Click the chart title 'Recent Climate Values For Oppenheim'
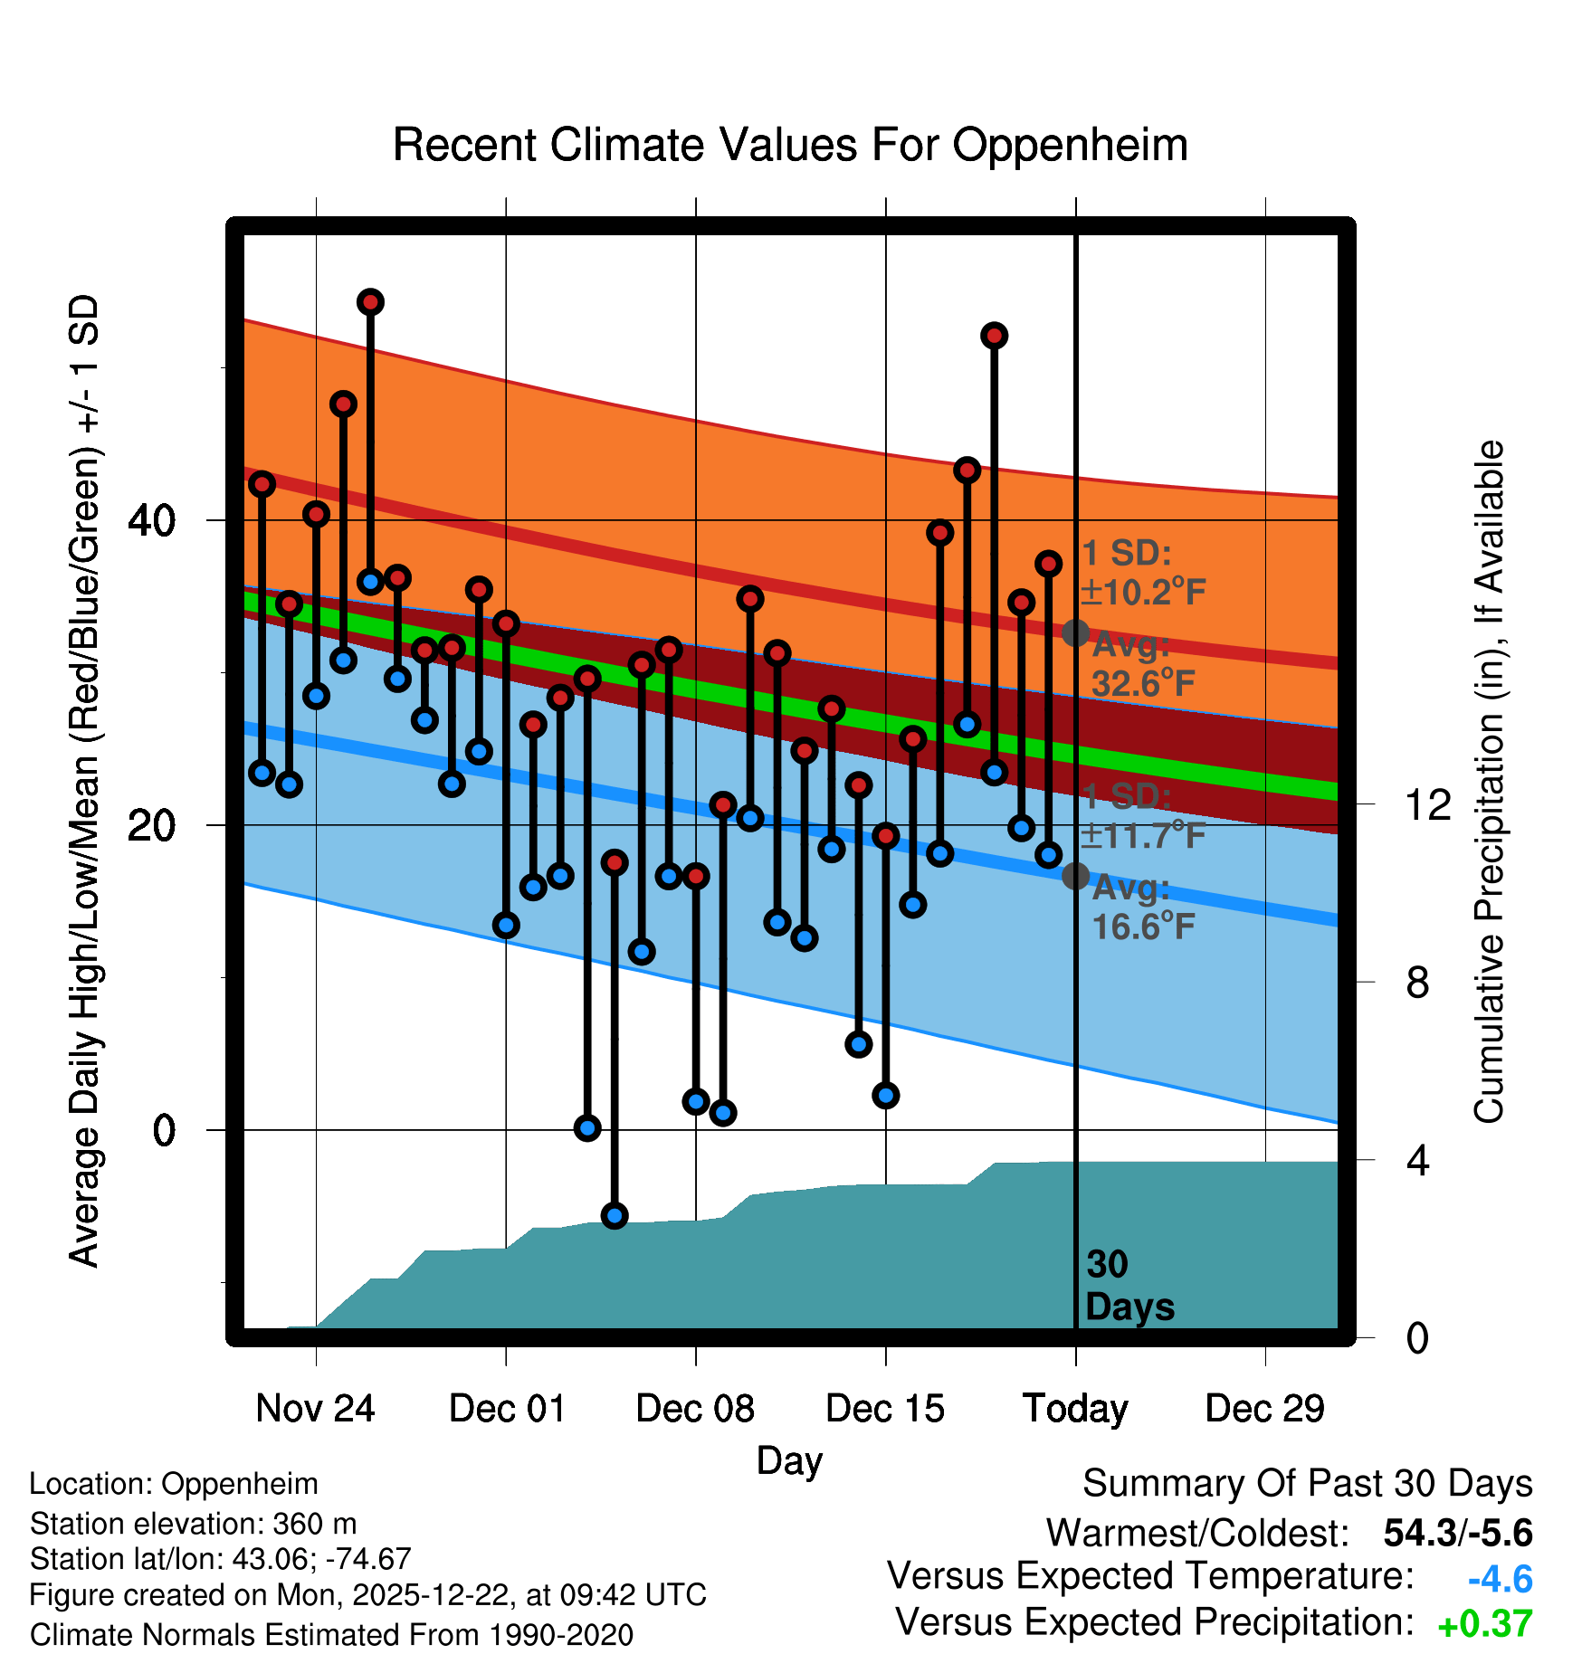790,145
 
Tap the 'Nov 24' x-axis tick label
315,1408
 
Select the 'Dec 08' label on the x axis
695,1408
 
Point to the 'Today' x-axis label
1075,1408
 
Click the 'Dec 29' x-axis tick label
1264,1408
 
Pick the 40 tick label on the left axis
152,520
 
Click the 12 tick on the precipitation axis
1428,803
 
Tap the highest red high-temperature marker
370,302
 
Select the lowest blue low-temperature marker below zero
615,1215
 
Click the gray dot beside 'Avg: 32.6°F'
1075,632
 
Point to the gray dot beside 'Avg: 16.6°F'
1075,875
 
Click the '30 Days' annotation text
1129,1286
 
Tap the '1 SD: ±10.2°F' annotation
1143,573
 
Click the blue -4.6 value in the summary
1500,1579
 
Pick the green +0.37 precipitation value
1484,1624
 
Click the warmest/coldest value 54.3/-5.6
1458,1533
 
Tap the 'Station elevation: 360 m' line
193,1524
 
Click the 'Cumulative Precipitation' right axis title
1489,782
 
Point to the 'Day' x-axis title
789,1460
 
